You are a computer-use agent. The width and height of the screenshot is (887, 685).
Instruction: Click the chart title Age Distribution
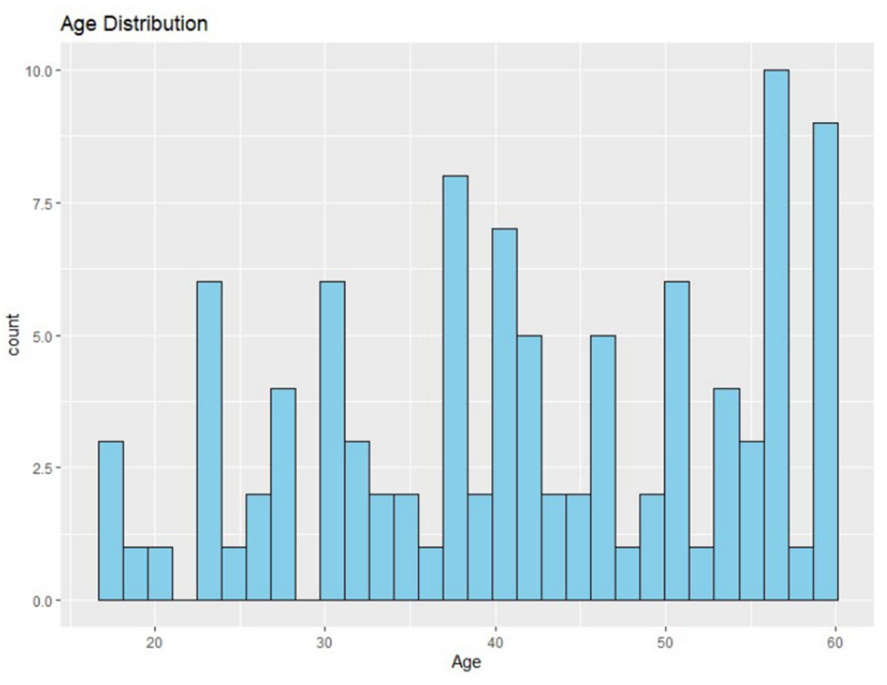[134, 24]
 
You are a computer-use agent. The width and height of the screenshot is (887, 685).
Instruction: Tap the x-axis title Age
[466, 662]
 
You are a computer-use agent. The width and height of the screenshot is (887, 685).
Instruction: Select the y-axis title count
[13, 335]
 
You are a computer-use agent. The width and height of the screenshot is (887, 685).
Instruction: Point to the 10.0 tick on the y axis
[39, 71]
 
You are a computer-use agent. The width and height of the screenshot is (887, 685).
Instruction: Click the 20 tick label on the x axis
[154, 642]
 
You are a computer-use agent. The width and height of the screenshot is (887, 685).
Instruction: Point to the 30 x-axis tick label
[324, 642]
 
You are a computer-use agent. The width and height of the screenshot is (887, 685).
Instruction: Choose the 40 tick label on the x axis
[495, 642]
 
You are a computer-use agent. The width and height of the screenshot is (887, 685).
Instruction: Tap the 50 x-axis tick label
[665, 642]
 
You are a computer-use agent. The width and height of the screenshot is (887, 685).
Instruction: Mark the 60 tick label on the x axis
[835, 642]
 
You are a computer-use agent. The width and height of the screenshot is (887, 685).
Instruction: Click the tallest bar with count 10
[776, 335]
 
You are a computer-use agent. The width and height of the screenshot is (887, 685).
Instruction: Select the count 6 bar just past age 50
[677, 441]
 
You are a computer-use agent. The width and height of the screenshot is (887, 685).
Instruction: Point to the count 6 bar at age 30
[332, 441]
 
